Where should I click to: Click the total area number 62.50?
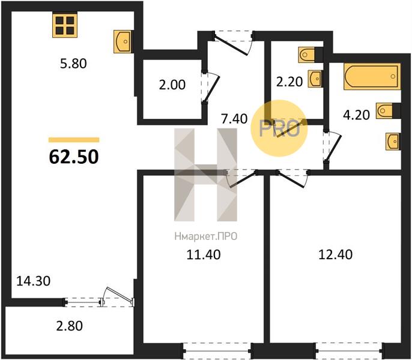[x=74, y=157]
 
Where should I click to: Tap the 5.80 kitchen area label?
[x=73, y=64]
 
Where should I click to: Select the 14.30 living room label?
[x=34, y=281]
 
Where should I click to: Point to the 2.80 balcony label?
[x=70, y=326]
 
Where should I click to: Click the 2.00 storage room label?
[x=172, y=85]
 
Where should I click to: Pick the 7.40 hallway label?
[x=234, y=119]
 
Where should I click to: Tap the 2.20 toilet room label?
[x=289, y=82]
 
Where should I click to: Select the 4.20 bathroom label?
[x=357, y=115]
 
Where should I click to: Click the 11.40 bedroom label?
[x=204, y=255]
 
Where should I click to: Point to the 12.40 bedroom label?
[x=336, y=254]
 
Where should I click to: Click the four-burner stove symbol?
[x=65, y=25]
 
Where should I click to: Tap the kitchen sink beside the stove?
[x=123, y=41]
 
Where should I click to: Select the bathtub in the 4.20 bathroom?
[x=372, y=76]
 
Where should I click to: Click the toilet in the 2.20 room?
[x=307, y=55]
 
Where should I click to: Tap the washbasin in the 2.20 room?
[x=315, y=79]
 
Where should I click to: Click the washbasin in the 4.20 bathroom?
[x=393, y=142]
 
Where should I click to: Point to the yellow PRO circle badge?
[x=279, y=128]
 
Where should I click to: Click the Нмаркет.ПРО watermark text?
[x=206, y=236]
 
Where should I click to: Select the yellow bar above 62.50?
[x=74, y=140]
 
